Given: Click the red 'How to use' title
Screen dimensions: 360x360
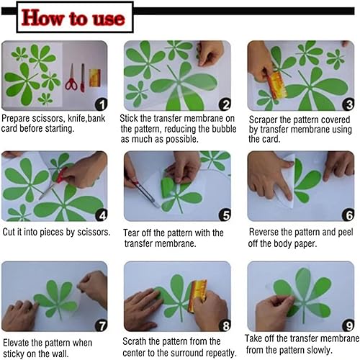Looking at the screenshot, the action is pyautogui.click(x=73, y=18).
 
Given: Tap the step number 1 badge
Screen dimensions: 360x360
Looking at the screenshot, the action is pyautogui.click(x=102, y=104).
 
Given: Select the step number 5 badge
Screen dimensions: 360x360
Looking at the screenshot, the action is pyautogui.click(x=225, y=215).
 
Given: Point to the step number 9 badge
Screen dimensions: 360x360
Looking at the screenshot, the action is pyautogui.click(x=348, y=325).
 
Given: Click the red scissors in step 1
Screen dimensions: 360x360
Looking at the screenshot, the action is pyautogui.click(x=71, y=78).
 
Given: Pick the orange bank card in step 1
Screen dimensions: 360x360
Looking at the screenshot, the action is pyautogui.click(x=95, y=78).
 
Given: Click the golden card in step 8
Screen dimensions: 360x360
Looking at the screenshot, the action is pyautogui.click(x=197, y=296).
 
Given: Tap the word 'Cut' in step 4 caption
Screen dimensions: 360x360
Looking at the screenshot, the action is pyautogui.click(x=9, y=232).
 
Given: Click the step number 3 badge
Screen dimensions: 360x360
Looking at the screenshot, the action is pyautogui.click(x=348, y=104).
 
